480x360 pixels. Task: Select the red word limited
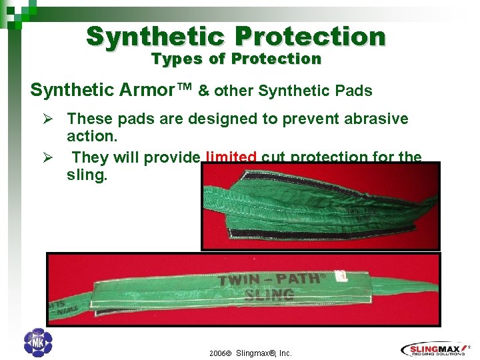coord(231,158)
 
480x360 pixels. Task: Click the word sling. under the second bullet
coord(87,176)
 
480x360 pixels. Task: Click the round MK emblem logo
coord(37,343)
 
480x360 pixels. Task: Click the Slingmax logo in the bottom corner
coord(437,349)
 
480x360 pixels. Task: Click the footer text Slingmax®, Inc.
coord(264,353)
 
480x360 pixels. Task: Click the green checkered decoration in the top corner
coord(15,11)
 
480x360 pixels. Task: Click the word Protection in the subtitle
coord(276,59)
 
